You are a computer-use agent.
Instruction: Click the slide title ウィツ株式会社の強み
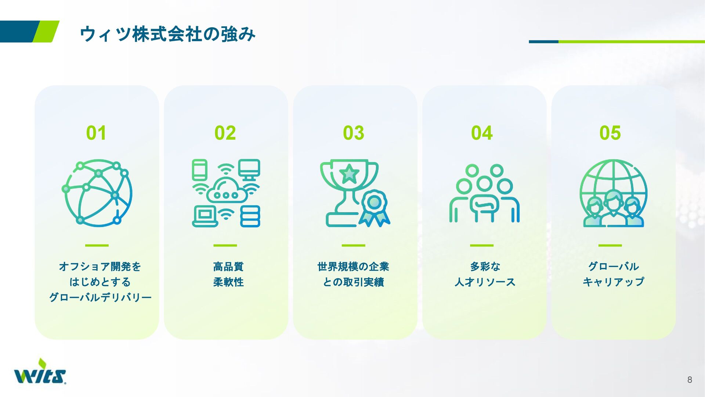[x=167, y=34]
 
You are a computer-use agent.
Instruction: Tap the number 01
[x=96, y=133]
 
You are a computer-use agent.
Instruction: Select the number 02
[x=225, y=133]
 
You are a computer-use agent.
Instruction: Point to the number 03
[x=354, y=133]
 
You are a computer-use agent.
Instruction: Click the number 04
[x=482, y=133]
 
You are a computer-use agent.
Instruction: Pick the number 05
[x=610, y=133]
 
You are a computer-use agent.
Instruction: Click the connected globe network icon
[x=97, y=193]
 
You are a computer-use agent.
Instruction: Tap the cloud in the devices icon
[x=226, y=191]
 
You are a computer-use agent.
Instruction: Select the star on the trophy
[x=349, y=174]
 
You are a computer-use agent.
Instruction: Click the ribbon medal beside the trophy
[x=374, y=207]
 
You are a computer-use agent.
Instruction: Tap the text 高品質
[x=228, y=267]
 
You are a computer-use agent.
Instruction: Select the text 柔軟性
[x=228, y=282]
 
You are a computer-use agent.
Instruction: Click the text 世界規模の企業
[x=353, y=267]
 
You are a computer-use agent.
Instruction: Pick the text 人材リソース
[x=485, y=282]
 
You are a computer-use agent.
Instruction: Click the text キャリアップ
[x=613, y=282]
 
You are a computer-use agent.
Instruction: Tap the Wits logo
[x=40, y=373]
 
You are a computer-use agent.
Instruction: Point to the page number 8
[x=690, y=380]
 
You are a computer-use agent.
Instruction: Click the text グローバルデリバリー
[x=100, y=297]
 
